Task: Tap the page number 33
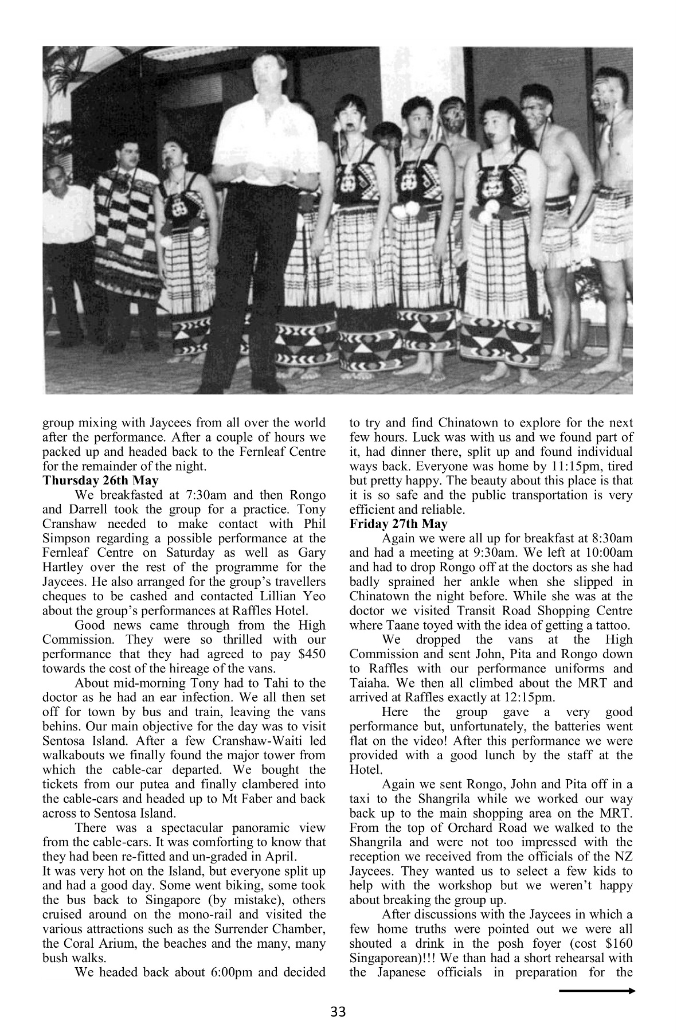coord(338,1013)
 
